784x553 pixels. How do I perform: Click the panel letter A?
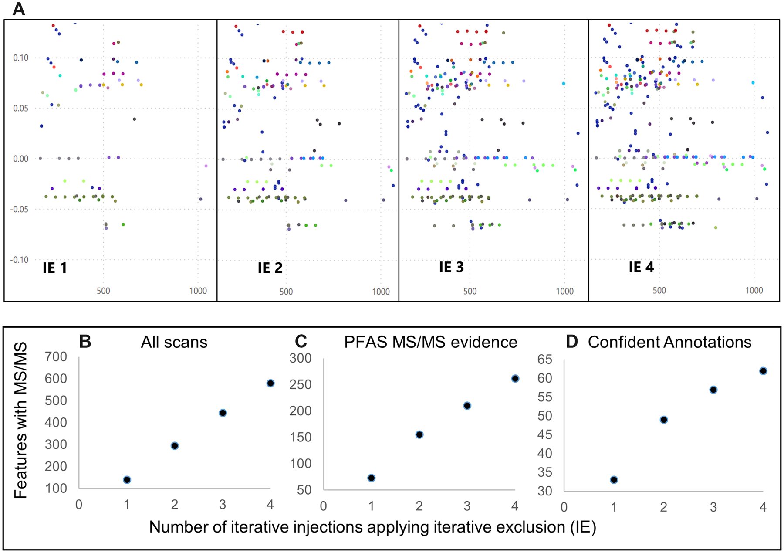click(18, 9)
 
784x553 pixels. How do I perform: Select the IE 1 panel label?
click(55, 268)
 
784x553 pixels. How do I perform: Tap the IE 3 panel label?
click(451, 267)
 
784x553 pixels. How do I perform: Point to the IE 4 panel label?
click(641, 267)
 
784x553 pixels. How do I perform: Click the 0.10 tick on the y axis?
click(20, 58)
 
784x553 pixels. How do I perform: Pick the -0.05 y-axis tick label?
click(19, 210)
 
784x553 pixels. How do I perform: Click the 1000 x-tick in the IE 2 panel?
click(381, 292)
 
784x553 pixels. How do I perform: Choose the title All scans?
click(174, 343)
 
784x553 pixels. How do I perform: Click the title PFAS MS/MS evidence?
click(430, 343)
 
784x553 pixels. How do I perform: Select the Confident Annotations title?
click(669, 343)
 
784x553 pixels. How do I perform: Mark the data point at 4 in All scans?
click(270, 383)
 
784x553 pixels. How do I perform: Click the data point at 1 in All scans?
click(127, 480)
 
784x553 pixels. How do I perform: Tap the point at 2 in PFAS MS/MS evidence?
click(419, 434)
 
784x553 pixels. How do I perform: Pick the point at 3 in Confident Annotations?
click(713, 390)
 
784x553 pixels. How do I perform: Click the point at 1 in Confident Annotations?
click(614, 480)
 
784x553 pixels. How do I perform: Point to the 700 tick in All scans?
click(56, 357)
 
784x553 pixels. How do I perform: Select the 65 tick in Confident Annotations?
click(544, 360)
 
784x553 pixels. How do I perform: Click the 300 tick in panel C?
click(301, 358)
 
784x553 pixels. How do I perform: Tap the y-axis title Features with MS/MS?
click(20, 420)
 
